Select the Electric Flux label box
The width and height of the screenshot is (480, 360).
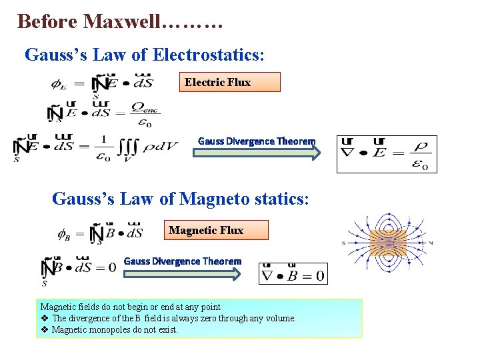(x=230, y=82)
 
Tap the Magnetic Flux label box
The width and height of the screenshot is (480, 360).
(x=217, y=230)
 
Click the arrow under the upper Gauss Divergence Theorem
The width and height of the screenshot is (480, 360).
(x=257, y=153)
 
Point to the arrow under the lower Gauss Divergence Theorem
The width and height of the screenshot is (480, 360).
(x=183, y=273)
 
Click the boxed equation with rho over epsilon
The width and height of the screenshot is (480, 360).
(x=387, y=154)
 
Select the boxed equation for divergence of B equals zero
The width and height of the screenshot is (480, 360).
(x=293, y=273)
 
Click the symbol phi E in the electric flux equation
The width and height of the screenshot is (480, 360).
(x=58, y=83)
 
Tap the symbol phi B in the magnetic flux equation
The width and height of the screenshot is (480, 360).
(x=63, y=234)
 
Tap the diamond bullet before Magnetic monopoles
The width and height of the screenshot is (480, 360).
(x=45, y=329)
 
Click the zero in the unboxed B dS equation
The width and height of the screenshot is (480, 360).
(x=111, y=267)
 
